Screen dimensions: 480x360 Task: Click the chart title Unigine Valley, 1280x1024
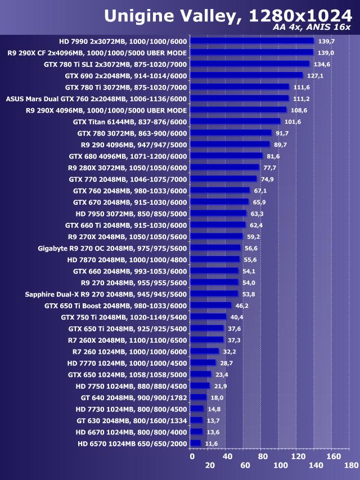[x=227, y=15]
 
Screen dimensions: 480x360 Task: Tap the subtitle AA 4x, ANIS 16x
[x=311, y=27]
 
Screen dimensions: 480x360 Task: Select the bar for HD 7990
[x=251, y=41]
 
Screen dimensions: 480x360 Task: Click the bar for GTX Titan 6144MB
[x=235, y=122]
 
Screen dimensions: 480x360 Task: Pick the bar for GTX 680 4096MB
[x=226, y=156]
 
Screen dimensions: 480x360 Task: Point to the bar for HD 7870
[x=215, y=259]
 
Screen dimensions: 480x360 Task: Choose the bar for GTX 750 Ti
[x=208, y=317]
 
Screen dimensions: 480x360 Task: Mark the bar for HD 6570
[x=196, y=444]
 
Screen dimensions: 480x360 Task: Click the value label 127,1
[x=315, y=75]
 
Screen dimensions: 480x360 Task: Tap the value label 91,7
[x=283, y=133]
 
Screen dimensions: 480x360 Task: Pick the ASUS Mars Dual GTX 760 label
[x=96, y=98]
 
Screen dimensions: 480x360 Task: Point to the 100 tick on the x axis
[x=280, y=465]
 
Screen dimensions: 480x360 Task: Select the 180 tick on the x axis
[x=350, y=465]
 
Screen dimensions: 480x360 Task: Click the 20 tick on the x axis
[x=209, y=465]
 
